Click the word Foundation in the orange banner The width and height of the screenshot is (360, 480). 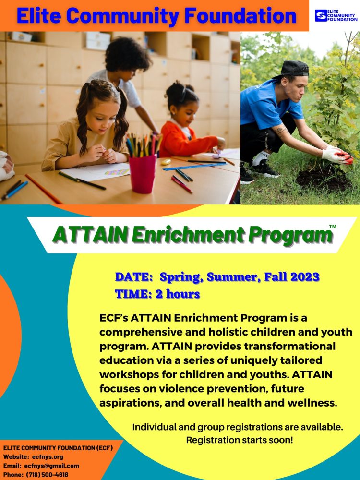click(x=240, y=16)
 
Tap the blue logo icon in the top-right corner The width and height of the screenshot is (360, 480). click(x=321, y=15)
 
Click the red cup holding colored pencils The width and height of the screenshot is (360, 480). click(x=143, y=174)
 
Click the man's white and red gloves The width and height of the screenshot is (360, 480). click(x=337, y=155)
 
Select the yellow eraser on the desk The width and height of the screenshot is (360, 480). click(x=166, y=161)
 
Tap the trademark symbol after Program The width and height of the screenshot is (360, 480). click(x=333, y=227)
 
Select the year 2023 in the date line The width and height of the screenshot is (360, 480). click(x=305, y=277)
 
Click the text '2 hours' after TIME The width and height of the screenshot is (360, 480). click(x=178, y=294)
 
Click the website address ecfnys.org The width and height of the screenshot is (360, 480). click(x=48, y=457)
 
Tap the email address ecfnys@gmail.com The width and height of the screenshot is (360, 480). click(x=52, y=466)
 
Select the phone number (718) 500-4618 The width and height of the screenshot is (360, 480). click(x=47, y=475)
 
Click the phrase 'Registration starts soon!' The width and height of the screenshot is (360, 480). click(x=240, y=440)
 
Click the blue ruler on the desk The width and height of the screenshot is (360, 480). click(x=194, y=167)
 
